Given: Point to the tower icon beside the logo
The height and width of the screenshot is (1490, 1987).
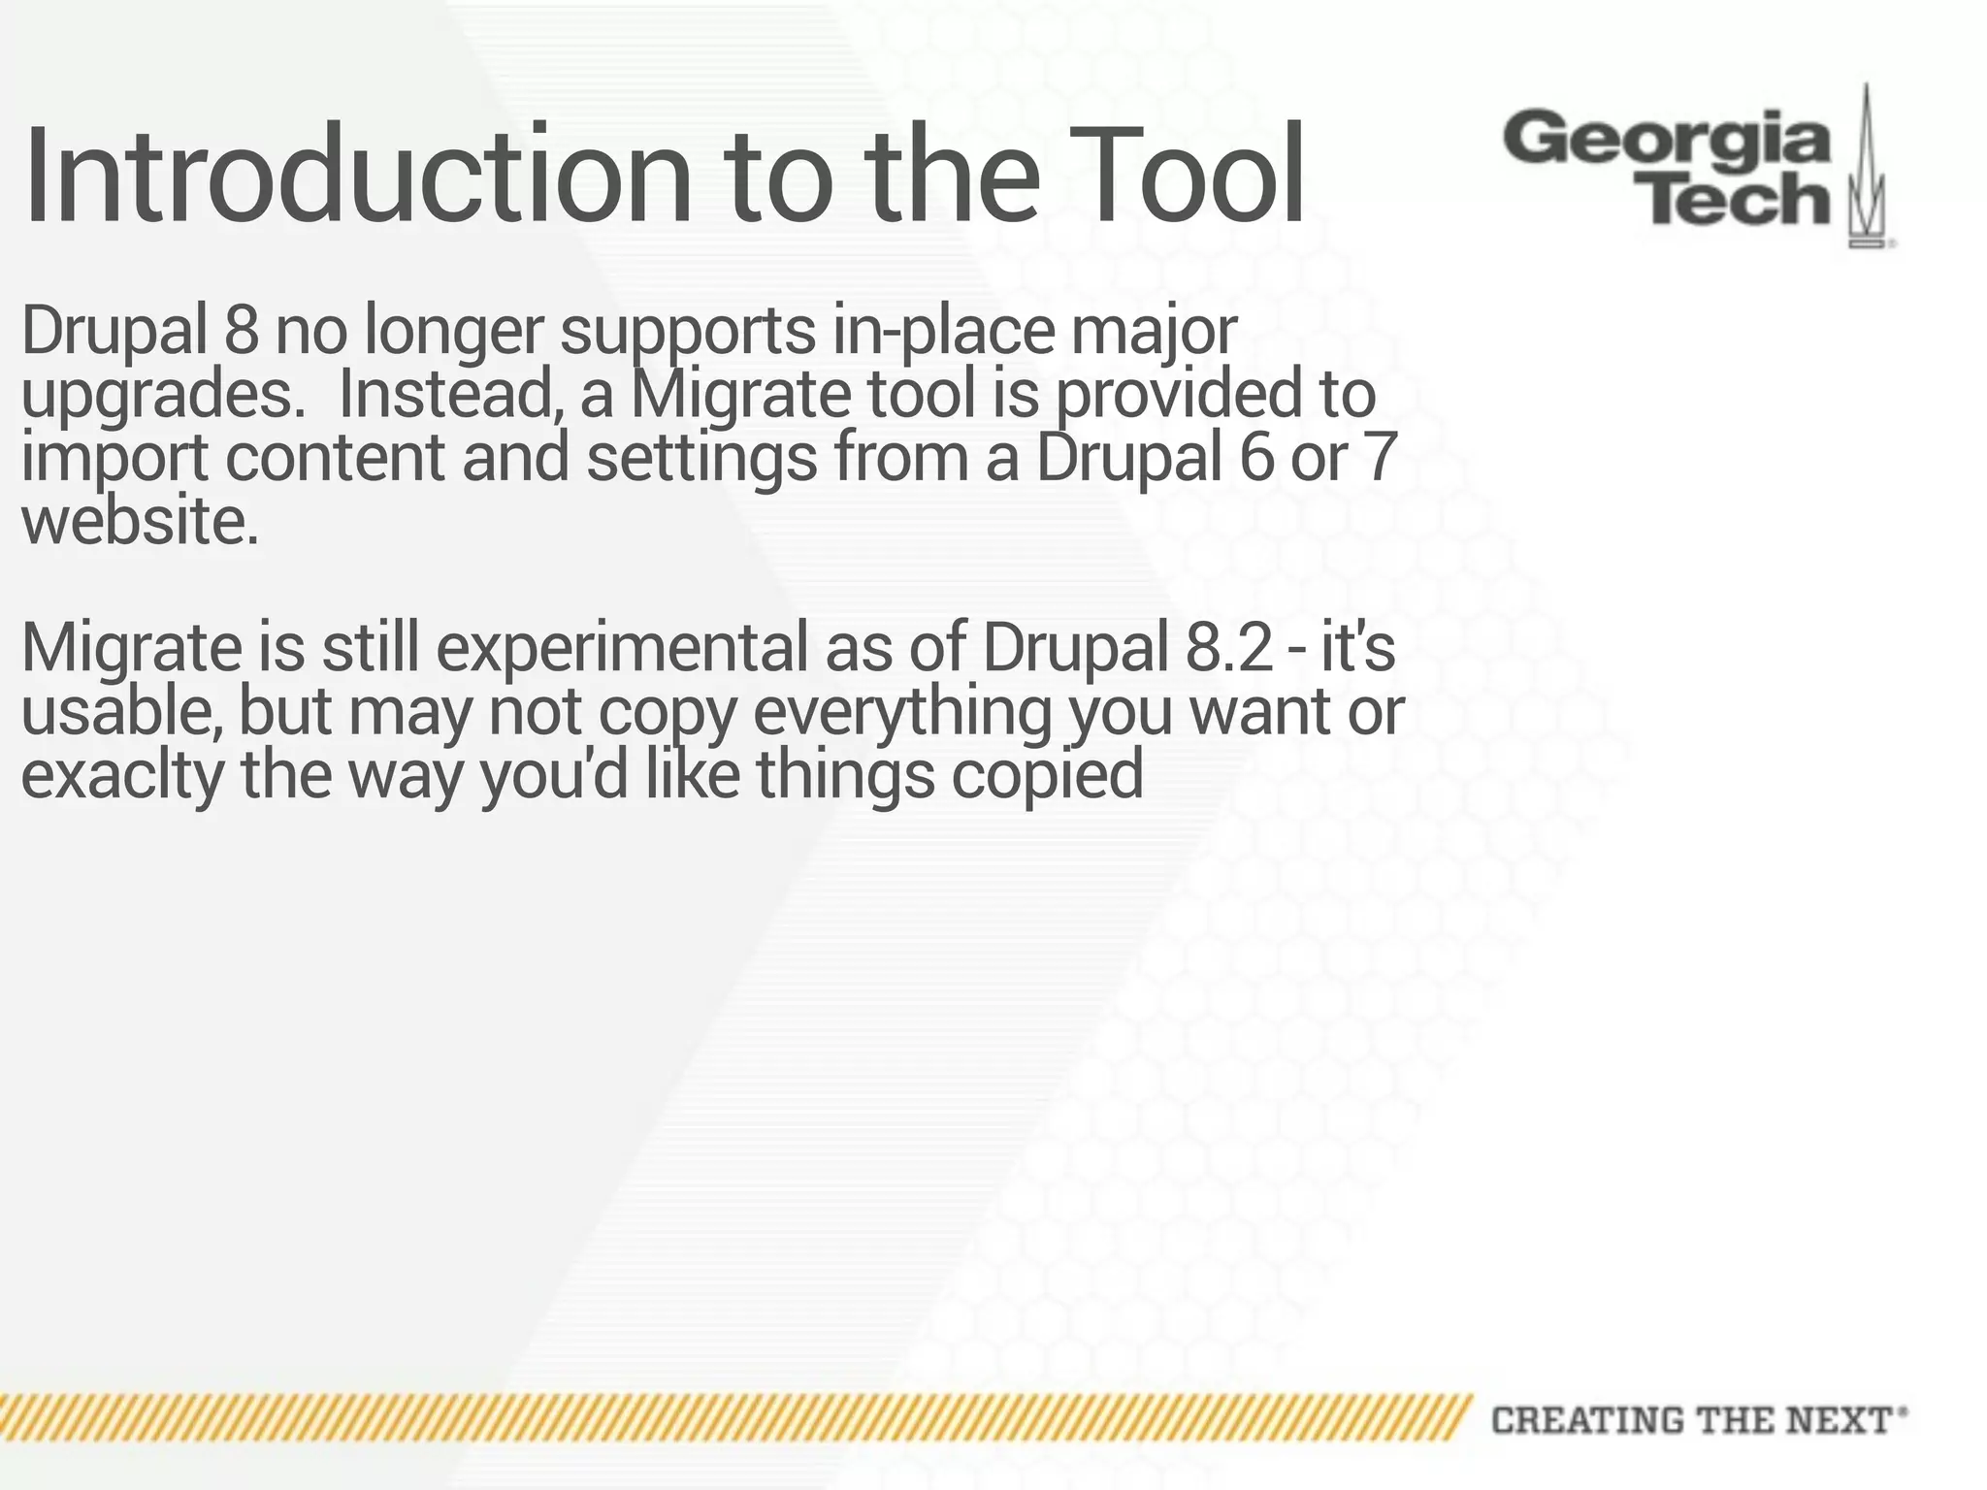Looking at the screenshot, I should [x=1867, y=170].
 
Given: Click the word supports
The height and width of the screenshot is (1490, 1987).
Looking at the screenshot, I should [x=687, y=331].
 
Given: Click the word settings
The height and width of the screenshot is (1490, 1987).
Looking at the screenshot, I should [x=701, y=459].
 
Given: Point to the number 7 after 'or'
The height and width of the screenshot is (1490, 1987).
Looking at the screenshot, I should [x=1379, y=457].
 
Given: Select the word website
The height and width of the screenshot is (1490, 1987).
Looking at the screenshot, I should [x=141, y=522].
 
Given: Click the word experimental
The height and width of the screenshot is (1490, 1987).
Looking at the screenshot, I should [x=621, y=648].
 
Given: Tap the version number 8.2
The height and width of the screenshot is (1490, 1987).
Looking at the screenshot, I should [x=1228, y=648].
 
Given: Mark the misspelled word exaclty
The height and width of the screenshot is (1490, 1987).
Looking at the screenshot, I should [x=122, y=776].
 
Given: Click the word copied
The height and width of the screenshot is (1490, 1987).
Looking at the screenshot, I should [x=1047, y=776].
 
